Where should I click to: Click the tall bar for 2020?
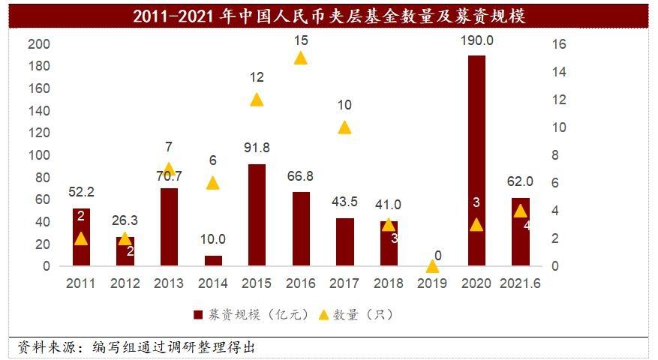tap(476, 160)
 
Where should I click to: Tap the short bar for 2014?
tap(213, 260)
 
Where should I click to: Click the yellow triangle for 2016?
tap(301, 58)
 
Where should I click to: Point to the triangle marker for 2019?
tap(432, 265)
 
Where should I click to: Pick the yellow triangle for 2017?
tap(344, 127)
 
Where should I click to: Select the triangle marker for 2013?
tap(169, 169)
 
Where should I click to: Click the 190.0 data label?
tap(476, 41)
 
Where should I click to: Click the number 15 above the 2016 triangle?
tap(301, 40)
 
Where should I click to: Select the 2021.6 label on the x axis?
tap(521, 284)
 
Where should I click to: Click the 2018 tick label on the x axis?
tap(389, 284)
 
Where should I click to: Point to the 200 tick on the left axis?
tap(38, 44)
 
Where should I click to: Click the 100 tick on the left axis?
tap(38, 155)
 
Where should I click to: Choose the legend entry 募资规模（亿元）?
tap(251, 315)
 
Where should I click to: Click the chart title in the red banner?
tap(329, 16)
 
